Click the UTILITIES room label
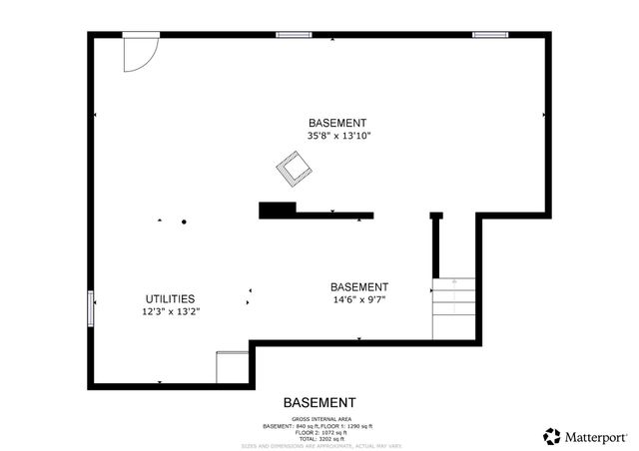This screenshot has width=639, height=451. [x=170, y=298]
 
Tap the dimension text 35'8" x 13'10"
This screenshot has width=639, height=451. [x=339, y=136]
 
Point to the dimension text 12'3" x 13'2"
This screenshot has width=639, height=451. [x=170, y=311]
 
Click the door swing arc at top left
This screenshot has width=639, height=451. [x=139, y=54]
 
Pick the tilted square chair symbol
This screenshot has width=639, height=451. [x=293, y=167]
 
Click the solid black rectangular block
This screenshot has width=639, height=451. [x=278, y=210]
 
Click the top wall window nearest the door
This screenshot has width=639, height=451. [x=294, y=35]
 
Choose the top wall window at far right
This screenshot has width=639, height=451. [x=490, y=35]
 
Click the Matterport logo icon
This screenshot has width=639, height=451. [x=551, y=436]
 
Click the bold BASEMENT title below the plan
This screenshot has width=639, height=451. [x=319, y=402]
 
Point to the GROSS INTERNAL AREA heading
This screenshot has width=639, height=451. [x=319, y=418]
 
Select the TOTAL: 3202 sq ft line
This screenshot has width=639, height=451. [x=319, y=439]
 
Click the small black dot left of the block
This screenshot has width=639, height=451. [x=184, y=222]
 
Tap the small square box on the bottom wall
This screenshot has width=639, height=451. [x=232, y=367]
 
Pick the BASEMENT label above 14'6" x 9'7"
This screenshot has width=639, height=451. [x=359, y=286]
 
